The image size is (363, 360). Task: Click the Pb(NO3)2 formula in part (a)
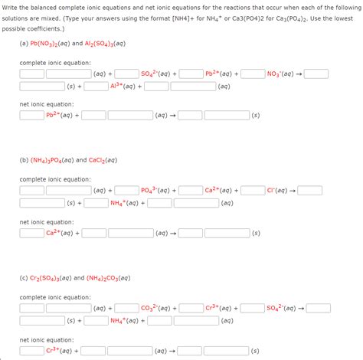[x=50, y=44]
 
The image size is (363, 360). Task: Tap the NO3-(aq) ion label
[x=280, y=74]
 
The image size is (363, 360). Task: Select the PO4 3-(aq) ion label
[x=155, y=191]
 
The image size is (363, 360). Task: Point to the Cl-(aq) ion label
[x=275, y=191]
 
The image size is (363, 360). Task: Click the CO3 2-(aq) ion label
[x=155, y=308]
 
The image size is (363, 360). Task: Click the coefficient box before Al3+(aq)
[x=96, y=87]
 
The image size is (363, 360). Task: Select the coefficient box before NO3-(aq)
[x=253, y=74]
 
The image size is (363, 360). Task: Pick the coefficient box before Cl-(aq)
[x=253, y=191]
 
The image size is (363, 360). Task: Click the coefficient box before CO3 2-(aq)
[x=128, y=308]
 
